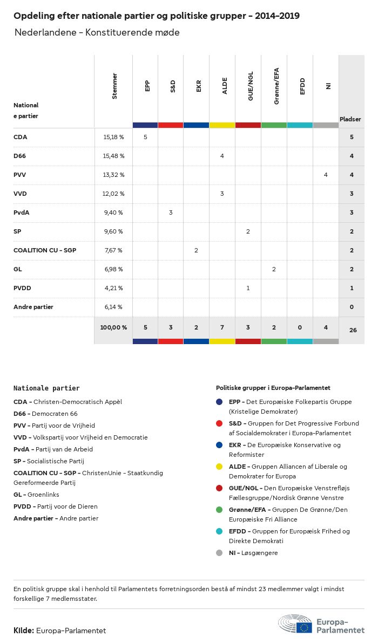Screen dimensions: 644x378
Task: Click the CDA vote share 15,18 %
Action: click(x=113, y=137)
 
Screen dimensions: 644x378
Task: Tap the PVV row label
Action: click(x=19, y=175)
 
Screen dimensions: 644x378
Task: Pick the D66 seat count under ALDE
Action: click(x=222, y=156)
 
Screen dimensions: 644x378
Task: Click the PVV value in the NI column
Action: click(x=326, y=175)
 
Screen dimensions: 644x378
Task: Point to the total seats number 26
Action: click(x=353, y=330)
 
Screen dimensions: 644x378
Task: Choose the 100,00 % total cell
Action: click(x=113, y=327)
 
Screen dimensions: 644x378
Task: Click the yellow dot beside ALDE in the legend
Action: click(x=219, y=467)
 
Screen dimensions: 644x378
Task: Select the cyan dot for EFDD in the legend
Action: click(x=219, y=531)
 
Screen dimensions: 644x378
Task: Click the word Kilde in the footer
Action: click(x=24, y=630)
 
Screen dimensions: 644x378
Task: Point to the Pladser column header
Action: click(x=350, y=119)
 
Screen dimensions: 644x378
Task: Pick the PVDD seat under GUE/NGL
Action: click(x=248, y=288)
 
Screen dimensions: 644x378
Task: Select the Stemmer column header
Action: click(x=114, y=86)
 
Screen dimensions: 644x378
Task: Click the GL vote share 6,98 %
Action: click(x=113, y=269)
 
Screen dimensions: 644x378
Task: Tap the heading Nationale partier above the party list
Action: click(x=46, y=388)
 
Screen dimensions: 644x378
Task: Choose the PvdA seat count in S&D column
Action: click(x=171, y=213)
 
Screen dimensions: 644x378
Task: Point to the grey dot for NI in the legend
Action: click(x=219, y=553)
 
